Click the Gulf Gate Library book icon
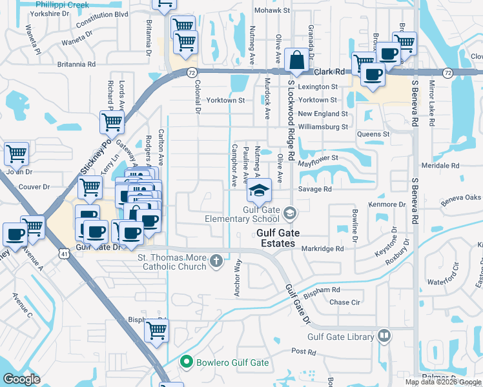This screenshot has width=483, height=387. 384,336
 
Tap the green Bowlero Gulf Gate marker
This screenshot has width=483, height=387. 187,362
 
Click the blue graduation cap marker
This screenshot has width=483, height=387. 259,191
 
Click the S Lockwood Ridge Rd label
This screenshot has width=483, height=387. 291,121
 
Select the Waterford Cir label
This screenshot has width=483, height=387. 442,281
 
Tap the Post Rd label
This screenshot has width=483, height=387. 303,352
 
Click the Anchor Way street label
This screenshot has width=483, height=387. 238,277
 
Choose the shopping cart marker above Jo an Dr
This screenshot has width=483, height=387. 16,154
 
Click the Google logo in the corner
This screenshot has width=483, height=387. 21,379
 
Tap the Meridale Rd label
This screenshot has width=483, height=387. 439,165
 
